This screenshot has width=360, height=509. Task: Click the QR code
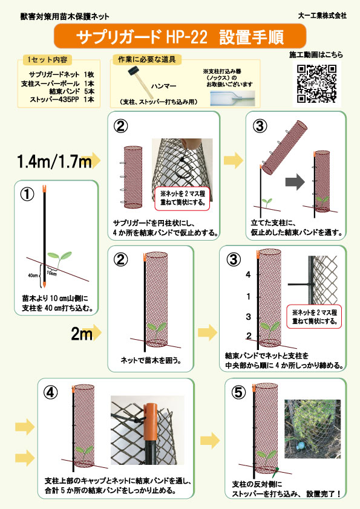317,83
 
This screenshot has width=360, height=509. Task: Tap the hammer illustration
137,80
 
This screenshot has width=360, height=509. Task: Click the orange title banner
180,36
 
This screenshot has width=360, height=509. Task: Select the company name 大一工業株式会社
322,16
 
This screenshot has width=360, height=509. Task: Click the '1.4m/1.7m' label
54,161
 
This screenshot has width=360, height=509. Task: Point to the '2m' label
82,333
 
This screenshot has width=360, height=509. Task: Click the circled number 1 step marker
27,194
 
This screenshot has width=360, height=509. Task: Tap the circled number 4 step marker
50,392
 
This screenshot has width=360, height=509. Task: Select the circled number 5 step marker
238,392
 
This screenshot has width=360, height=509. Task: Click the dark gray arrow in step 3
295,182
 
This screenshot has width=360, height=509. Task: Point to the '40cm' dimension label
33,275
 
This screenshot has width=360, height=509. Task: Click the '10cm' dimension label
51,273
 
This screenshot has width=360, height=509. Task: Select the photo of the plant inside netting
313,429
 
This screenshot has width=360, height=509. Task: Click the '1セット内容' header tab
47,60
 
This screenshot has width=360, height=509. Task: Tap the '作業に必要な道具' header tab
147,59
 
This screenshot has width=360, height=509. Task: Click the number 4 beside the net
248,274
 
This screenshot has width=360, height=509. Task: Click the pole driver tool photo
232,98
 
